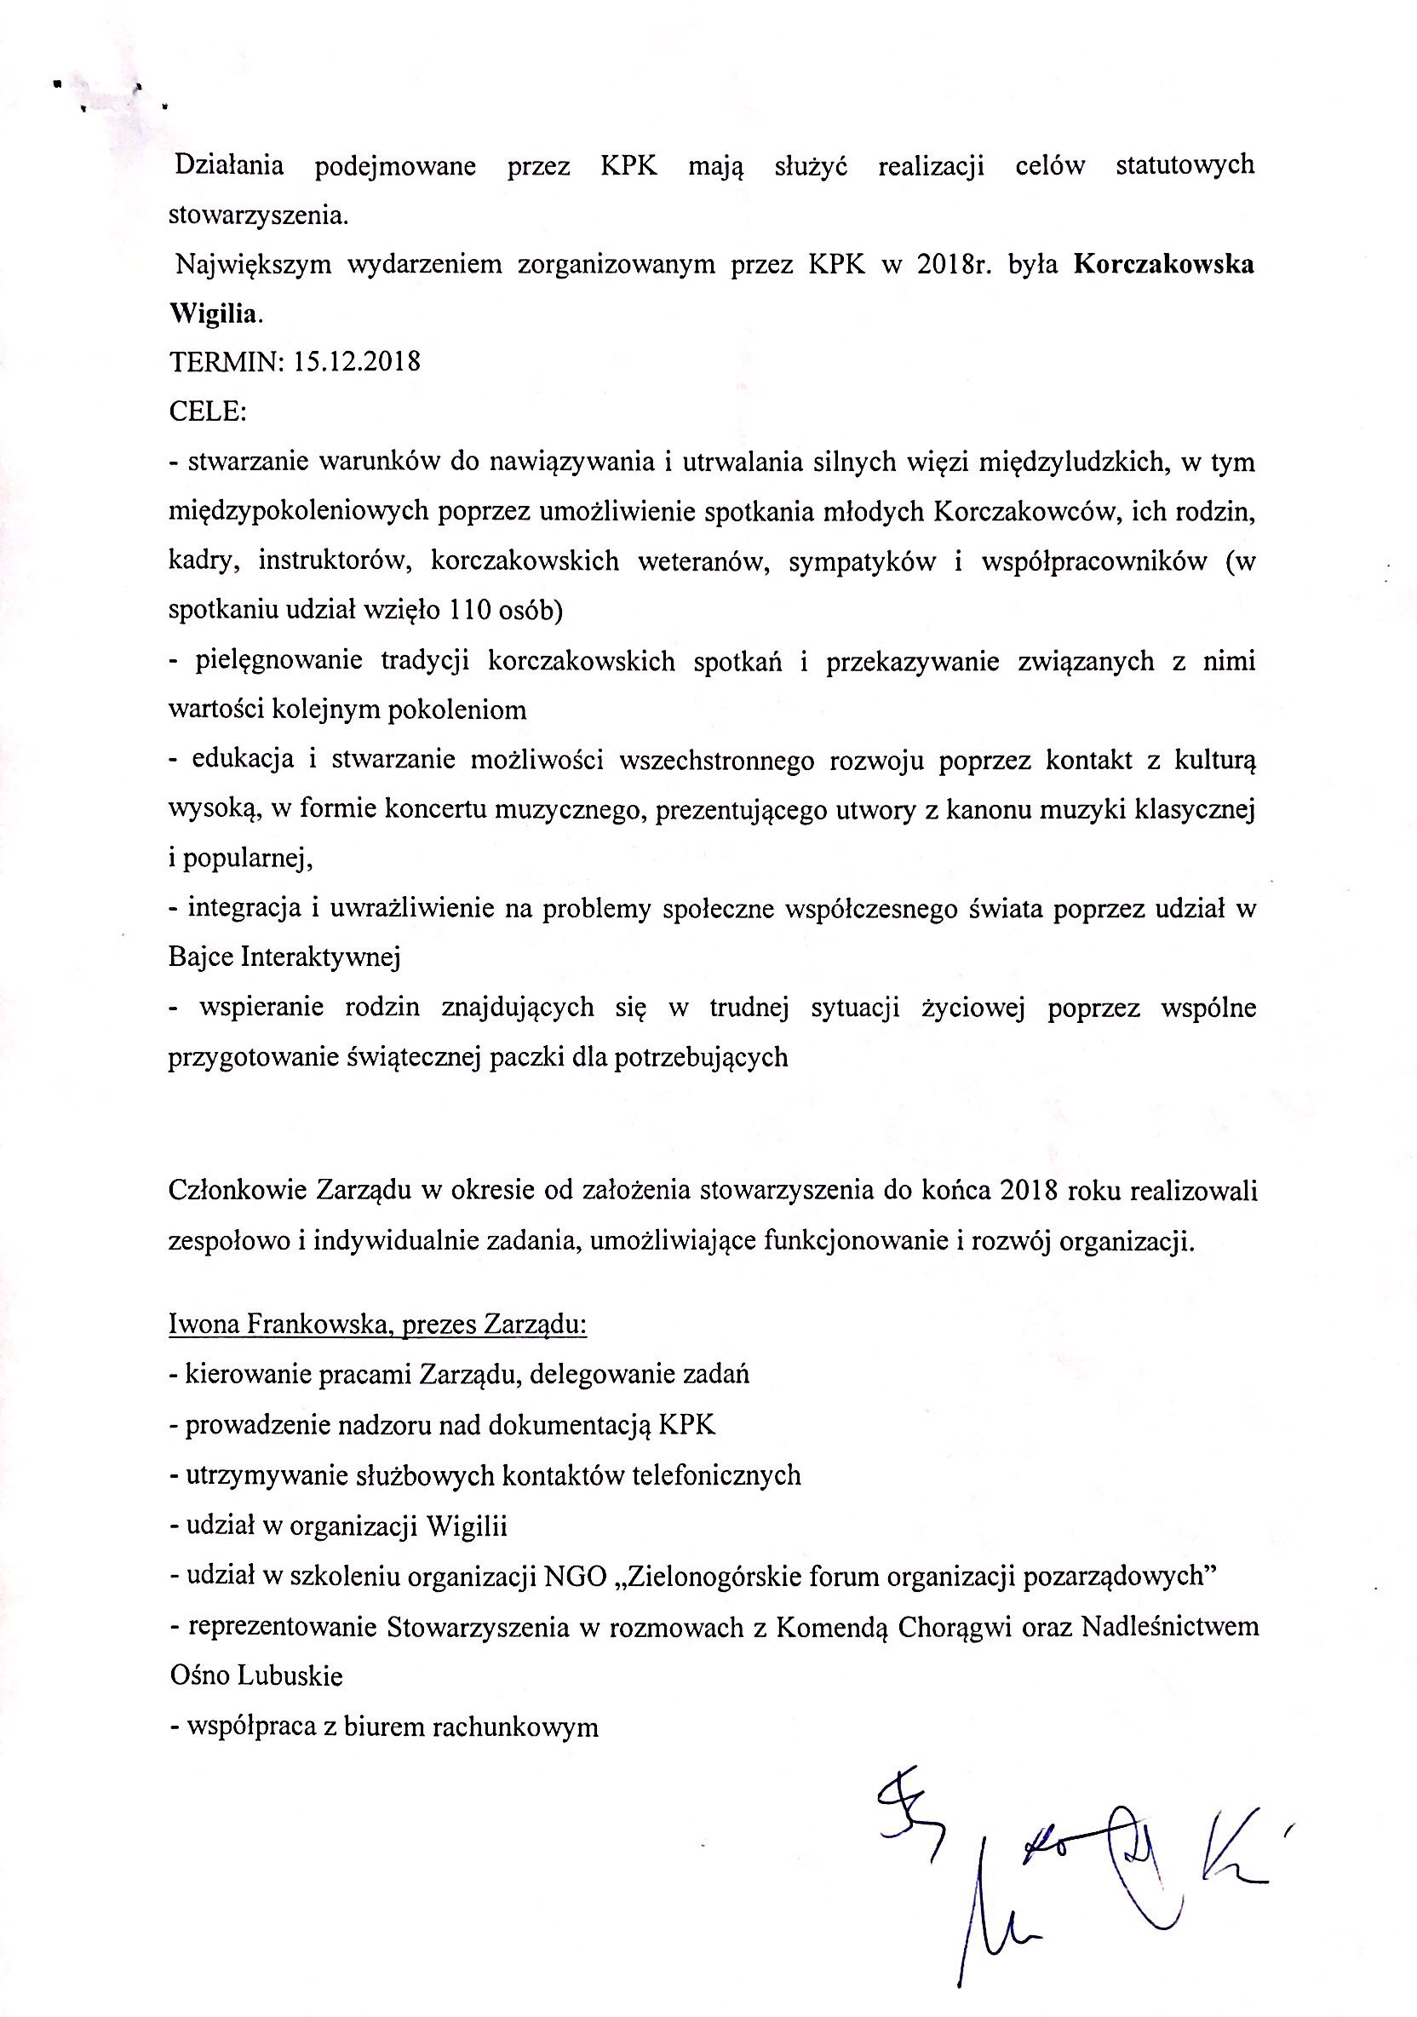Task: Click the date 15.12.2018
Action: point(358,361)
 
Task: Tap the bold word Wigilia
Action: point(214,314)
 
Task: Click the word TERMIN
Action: point(223,361)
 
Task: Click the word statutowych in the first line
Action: point(1185,166)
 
